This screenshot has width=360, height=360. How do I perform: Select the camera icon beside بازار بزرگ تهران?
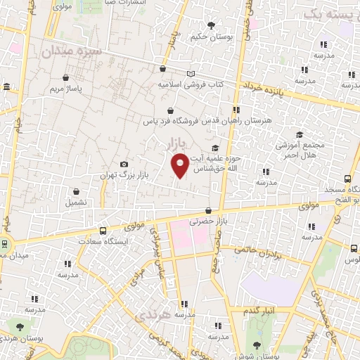(124, 164)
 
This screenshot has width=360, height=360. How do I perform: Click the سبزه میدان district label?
(72, 51)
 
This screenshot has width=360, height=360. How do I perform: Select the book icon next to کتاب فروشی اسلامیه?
(191, 73)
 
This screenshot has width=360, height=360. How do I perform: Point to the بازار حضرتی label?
(210, 222)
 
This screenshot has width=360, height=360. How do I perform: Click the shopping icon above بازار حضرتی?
(209, 211)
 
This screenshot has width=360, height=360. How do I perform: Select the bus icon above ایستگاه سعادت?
(103, 230)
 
